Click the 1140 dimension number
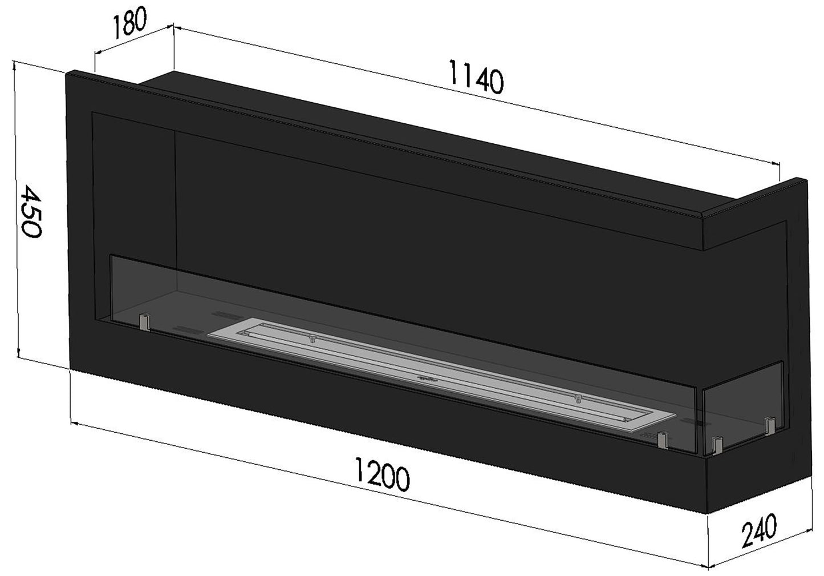tap(476, 80)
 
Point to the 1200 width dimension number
tap(381, 477)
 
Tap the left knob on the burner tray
tap(312, 339)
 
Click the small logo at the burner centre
tap(425, 378)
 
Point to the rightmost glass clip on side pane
tap(770, 426)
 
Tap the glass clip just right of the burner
tap(662, 439)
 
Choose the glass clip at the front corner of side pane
tap(717, 445)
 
